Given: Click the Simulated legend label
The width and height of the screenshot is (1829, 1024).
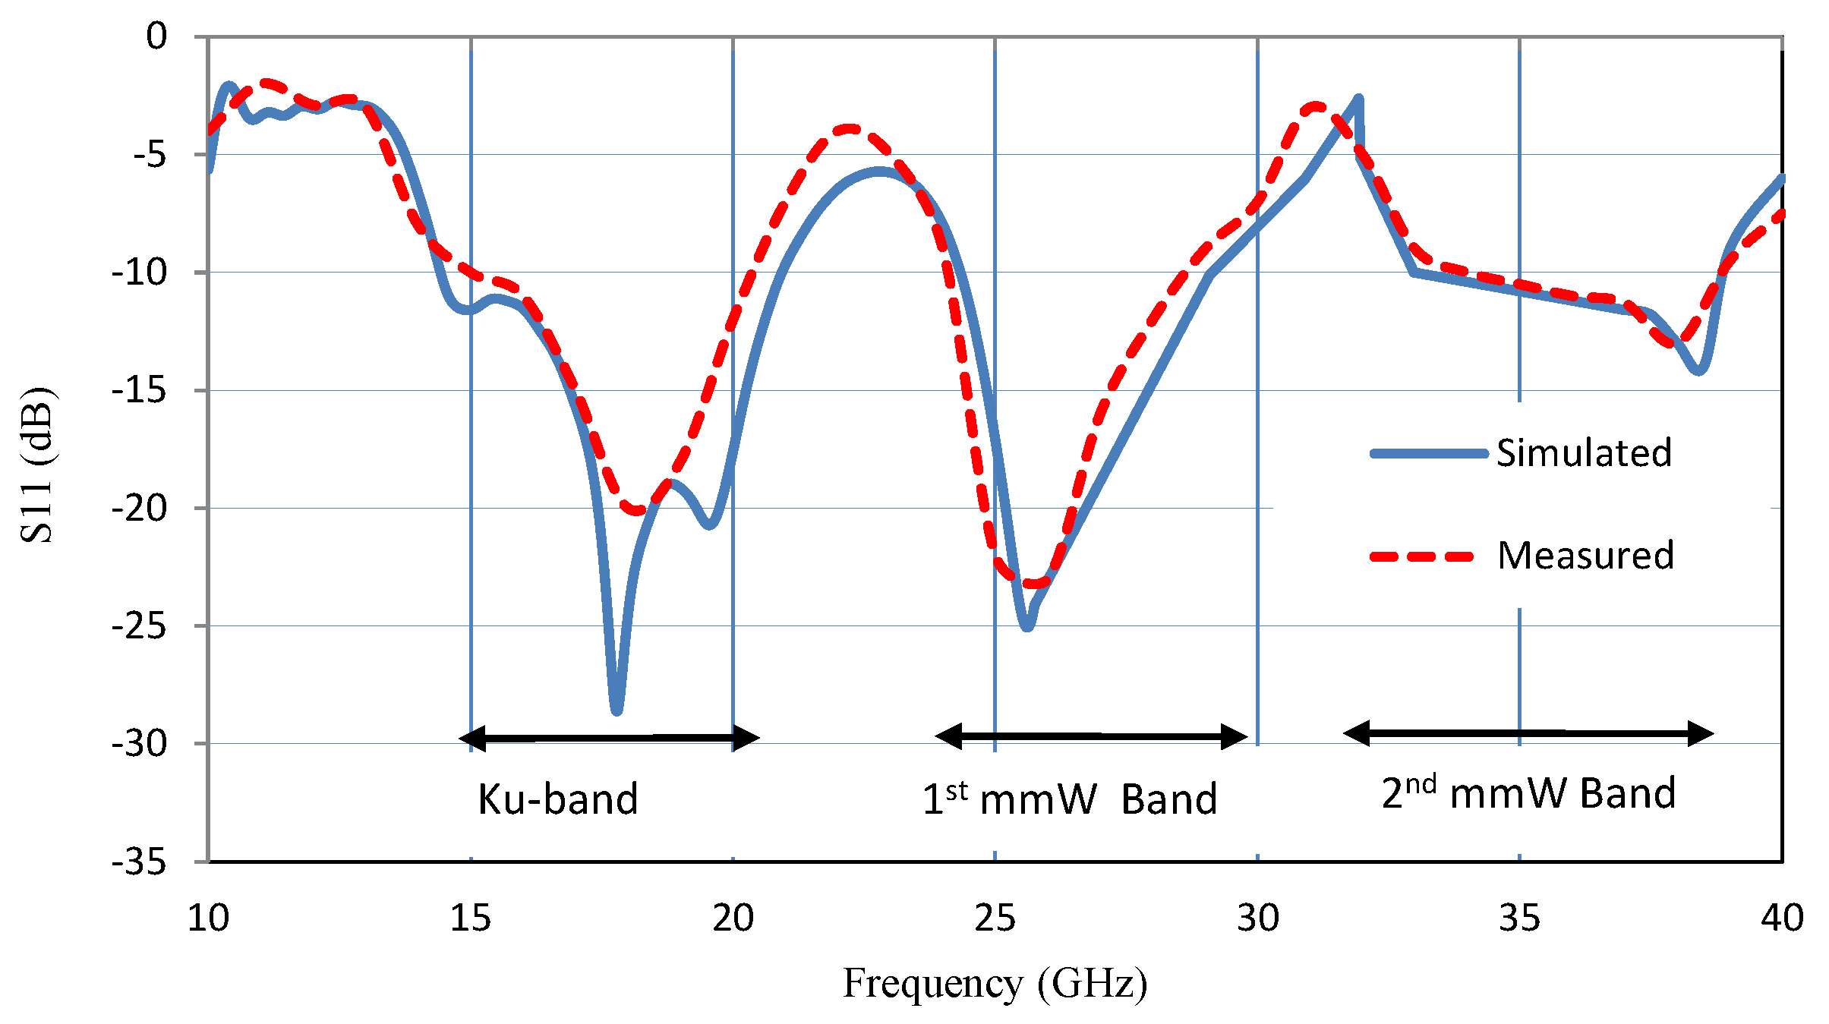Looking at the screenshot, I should click(1584, 453).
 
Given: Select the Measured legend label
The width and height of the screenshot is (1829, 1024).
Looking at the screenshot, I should click(1585, 556).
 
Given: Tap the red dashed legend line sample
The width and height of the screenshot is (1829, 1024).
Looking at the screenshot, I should click(1421, 557).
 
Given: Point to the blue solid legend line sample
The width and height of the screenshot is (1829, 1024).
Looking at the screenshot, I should click(1428, 454).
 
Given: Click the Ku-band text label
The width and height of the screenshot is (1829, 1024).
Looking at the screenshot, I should click(558, 799).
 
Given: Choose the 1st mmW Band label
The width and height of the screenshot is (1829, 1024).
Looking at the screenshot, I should click(1070, 799).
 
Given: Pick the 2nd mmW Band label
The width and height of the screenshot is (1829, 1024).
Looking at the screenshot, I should click(1528, 794).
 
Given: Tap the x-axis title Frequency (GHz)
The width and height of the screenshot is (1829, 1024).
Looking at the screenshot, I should click(995, 984).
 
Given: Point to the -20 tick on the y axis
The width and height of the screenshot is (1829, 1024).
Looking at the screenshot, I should click(139, 508).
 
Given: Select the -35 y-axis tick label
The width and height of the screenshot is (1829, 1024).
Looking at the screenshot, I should click(139, 862).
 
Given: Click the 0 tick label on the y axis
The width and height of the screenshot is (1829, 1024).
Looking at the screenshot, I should click(156, 36).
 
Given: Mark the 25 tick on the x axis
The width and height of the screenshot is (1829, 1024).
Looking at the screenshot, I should click(995, 918).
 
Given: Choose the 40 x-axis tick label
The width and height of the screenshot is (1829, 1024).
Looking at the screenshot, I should click(1782, 918).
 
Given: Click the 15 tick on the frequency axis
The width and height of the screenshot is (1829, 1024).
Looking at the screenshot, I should click(471, 918).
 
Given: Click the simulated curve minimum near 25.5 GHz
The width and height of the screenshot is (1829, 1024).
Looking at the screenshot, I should click(1027, 627).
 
